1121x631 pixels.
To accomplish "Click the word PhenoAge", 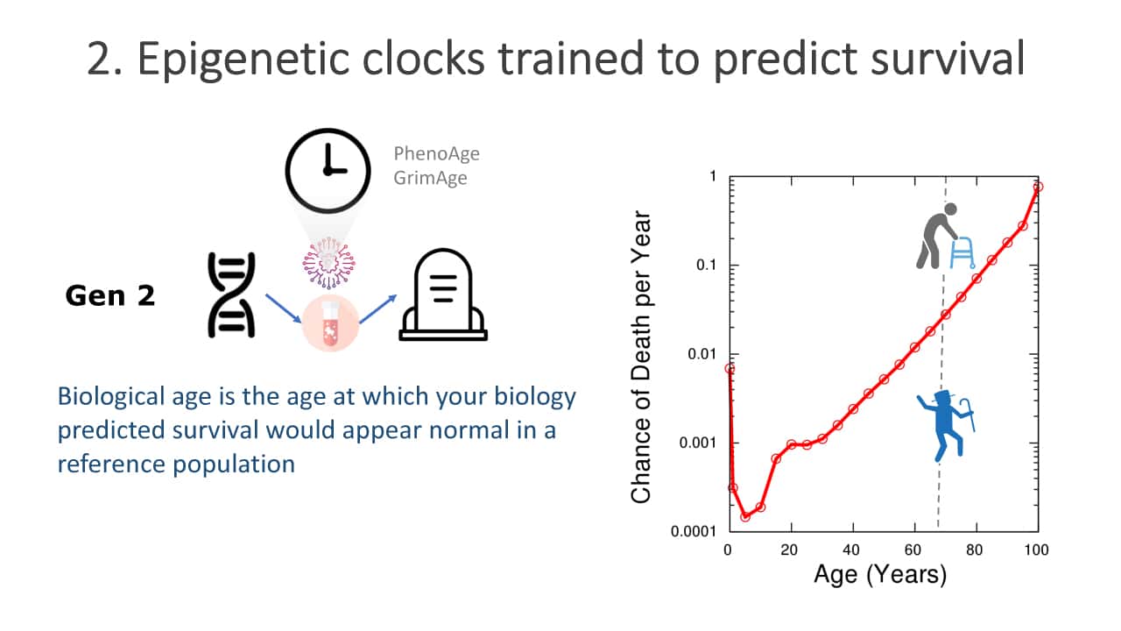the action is pos(436,153).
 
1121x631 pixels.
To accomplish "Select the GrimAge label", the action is pos(430,178).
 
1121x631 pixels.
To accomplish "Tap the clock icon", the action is pos(328,171).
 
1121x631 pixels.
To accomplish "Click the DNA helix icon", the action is pos(231,295).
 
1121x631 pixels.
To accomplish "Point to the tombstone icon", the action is pos(443,295).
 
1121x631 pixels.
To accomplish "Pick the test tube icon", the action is pos(330,323).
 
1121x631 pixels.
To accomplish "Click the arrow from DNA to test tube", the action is pos(283,308).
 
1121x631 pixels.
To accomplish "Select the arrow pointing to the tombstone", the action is pos(377,309).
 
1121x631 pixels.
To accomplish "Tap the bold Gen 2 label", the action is pos(110,295).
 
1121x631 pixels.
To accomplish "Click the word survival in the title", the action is pos(948,59).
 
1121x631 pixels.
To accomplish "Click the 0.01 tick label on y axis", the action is pos(702,354).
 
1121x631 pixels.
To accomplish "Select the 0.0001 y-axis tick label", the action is pos(694,531).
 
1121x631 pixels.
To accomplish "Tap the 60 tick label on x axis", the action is pos(913,550).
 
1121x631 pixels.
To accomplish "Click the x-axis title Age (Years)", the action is pos(880,574).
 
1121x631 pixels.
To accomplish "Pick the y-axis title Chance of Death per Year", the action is pos(641,357).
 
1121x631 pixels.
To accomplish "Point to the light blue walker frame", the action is pos(962,252).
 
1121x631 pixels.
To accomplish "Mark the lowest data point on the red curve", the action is pos(745,516).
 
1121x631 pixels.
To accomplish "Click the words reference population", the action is pos(176,464).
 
